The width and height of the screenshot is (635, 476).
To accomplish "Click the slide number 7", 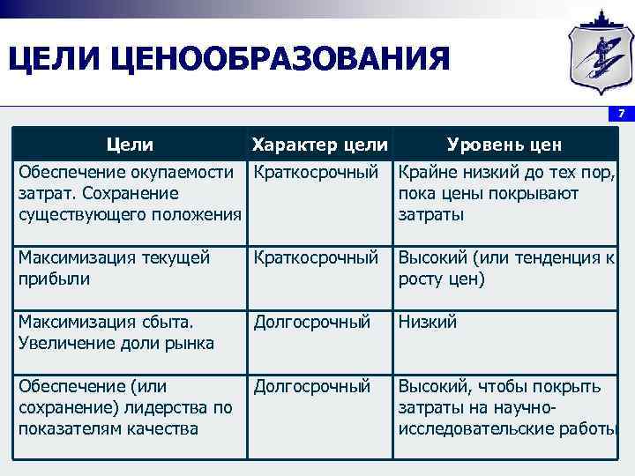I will point(621,114).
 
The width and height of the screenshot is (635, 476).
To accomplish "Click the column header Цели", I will point(130,145).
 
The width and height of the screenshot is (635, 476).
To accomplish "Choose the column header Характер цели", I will point(319,145).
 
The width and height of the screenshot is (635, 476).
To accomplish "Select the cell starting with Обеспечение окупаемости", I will point(130,193).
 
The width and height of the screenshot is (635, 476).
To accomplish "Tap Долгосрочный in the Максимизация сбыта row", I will point(311,322).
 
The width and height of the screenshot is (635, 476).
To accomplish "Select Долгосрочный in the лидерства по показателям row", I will point(311,386).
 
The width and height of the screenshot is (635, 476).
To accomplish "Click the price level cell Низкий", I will point(428,322).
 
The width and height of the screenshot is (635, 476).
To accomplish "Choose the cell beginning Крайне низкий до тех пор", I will point(505,193).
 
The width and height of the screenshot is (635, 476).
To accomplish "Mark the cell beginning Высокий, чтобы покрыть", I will point(505,407).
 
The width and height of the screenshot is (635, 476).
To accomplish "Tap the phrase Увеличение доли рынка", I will point(116,343).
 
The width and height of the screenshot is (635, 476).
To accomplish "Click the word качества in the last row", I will point(154,429).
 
